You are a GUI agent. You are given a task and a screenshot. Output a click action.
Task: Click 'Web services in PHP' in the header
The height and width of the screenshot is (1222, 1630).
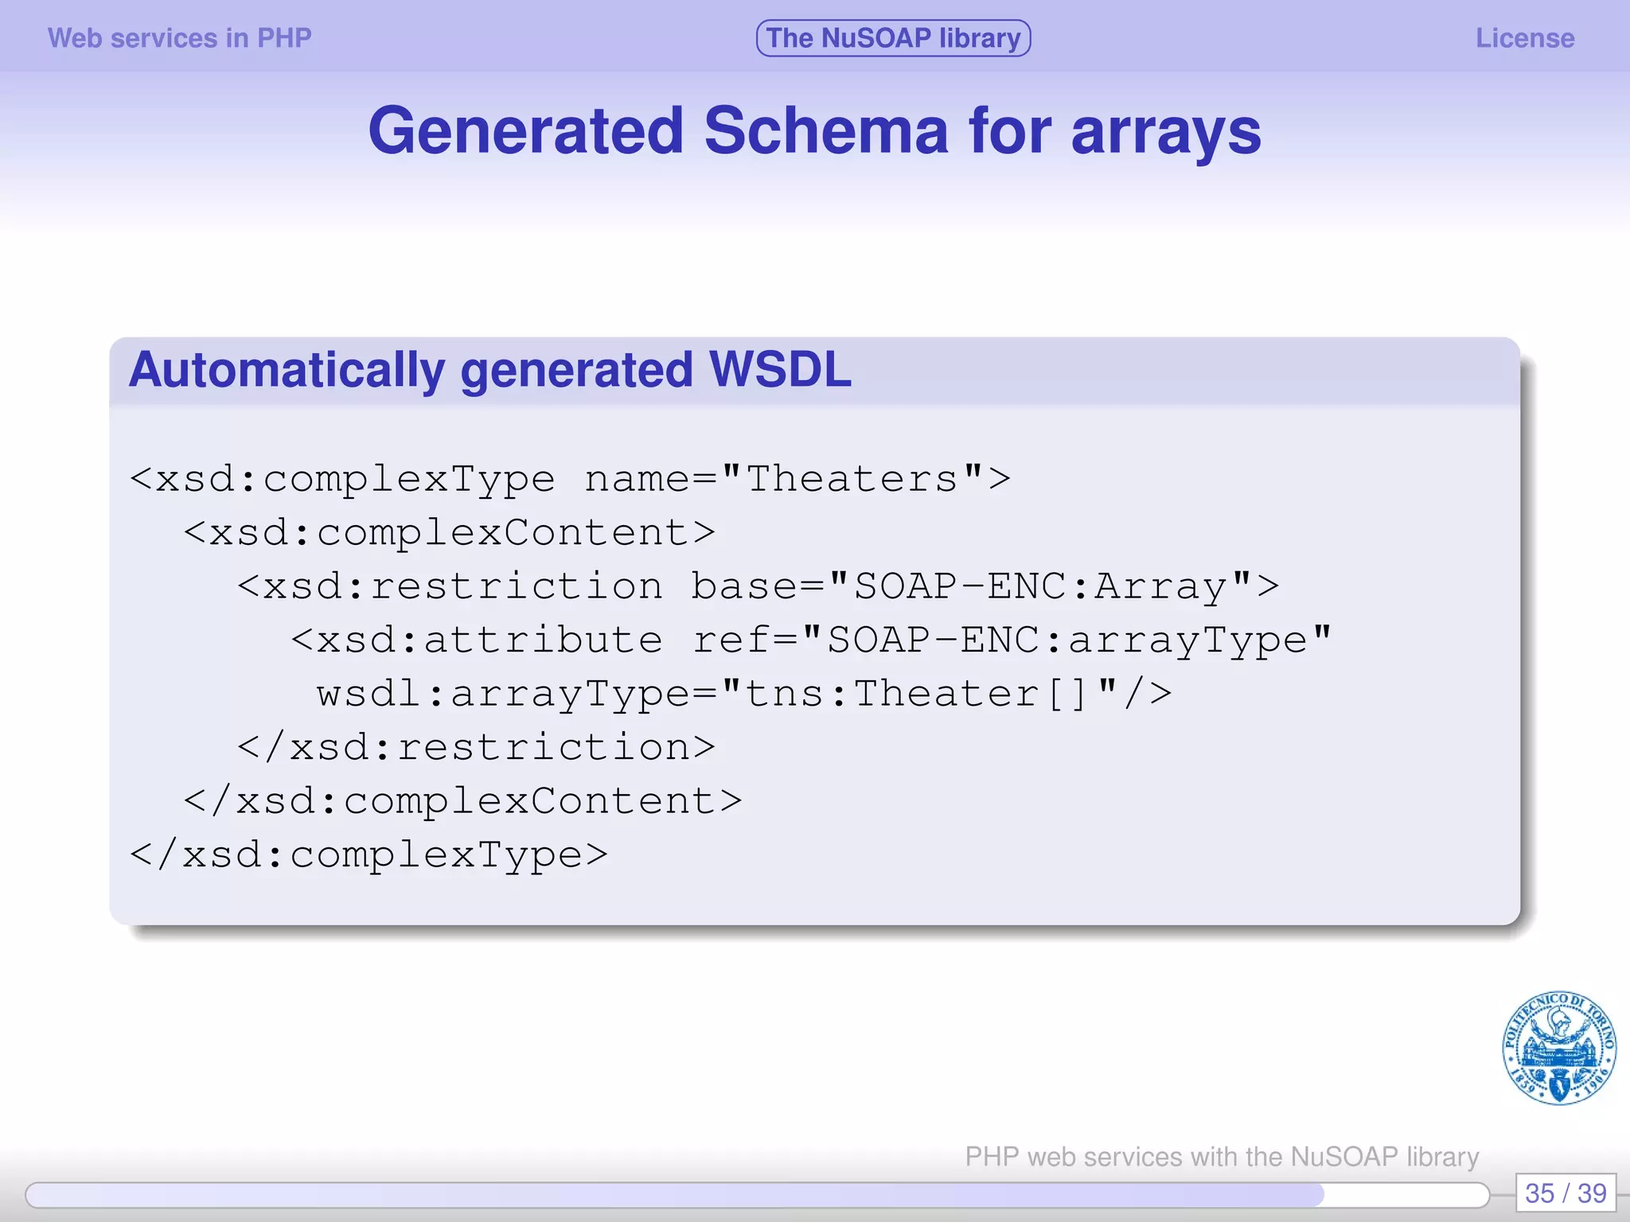click(x=179, y=38)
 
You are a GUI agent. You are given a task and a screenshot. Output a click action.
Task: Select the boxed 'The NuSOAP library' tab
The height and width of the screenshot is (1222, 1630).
click(x=893, y=38)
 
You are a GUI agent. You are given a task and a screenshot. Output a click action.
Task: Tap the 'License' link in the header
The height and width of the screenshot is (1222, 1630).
click(x=1524, y=38)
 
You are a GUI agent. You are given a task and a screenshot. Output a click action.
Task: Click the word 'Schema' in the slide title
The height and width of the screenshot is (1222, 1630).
click(x=825, y=131)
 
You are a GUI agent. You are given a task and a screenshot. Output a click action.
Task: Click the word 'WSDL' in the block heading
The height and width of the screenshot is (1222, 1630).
click(x=779, y=370)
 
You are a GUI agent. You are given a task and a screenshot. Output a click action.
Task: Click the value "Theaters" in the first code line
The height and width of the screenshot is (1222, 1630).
click(x=852, y=479)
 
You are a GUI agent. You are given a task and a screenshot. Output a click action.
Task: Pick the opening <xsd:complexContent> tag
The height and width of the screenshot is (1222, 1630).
click(x=450, y=533)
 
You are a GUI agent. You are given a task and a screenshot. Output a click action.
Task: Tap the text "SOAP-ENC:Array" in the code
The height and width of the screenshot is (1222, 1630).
click(x=1039, y=587)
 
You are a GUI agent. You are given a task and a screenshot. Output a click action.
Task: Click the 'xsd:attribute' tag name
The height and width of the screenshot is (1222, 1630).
click(x=489, y=640)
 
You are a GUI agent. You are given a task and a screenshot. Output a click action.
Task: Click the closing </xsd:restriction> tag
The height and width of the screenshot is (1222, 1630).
click(x=476, y=748)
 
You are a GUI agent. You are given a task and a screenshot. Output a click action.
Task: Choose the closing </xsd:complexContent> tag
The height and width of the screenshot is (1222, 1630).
click(x=462, y=801)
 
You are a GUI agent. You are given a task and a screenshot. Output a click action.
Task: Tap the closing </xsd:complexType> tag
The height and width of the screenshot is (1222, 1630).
click(x=369, y=855)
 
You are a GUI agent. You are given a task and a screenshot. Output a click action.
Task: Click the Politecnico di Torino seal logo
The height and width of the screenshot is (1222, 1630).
click(x=1558, y=1048)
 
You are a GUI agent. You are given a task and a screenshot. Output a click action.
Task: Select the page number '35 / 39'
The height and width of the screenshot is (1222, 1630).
click(x=1565, y=1193)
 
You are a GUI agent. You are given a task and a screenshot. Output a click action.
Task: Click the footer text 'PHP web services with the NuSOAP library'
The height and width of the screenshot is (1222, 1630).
click(x=1222, y=1156)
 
